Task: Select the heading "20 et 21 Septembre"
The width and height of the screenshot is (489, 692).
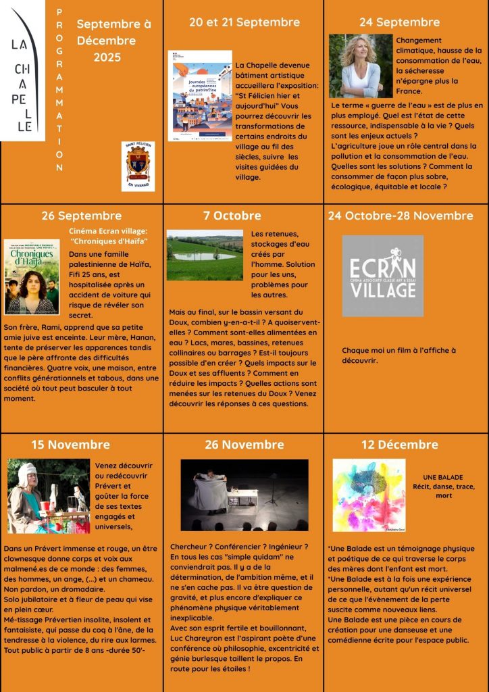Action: point(244,22)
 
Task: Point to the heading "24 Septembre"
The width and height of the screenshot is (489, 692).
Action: point(399,22)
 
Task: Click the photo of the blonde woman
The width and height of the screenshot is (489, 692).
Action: point(360,66)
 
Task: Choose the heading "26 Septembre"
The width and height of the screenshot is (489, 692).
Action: point(81,216)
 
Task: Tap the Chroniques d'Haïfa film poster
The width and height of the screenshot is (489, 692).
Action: point(31,276)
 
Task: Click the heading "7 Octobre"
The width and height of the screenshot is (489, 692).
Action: point(232,216)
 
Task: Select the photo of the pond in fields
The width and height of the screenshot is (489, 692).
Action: point(205,255)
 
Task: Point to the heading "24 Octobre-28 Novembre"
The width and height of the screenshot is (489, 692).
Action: point(401,216)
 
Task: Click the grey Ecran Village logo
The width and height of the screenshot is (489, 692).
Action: point(382,276)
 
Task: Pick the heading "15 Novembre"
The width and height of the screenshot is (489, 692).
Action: point(70,445)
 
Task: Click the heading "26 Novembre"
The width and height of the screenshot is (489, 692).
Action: point(244,445)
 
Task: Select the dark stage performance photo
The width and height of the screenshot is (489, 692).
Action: point(244,494)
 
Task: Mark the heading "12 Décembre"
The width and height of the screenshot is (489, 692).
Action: point(400,445)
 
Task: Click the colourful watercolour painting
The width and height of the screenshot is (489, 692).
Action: point(369,495)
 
